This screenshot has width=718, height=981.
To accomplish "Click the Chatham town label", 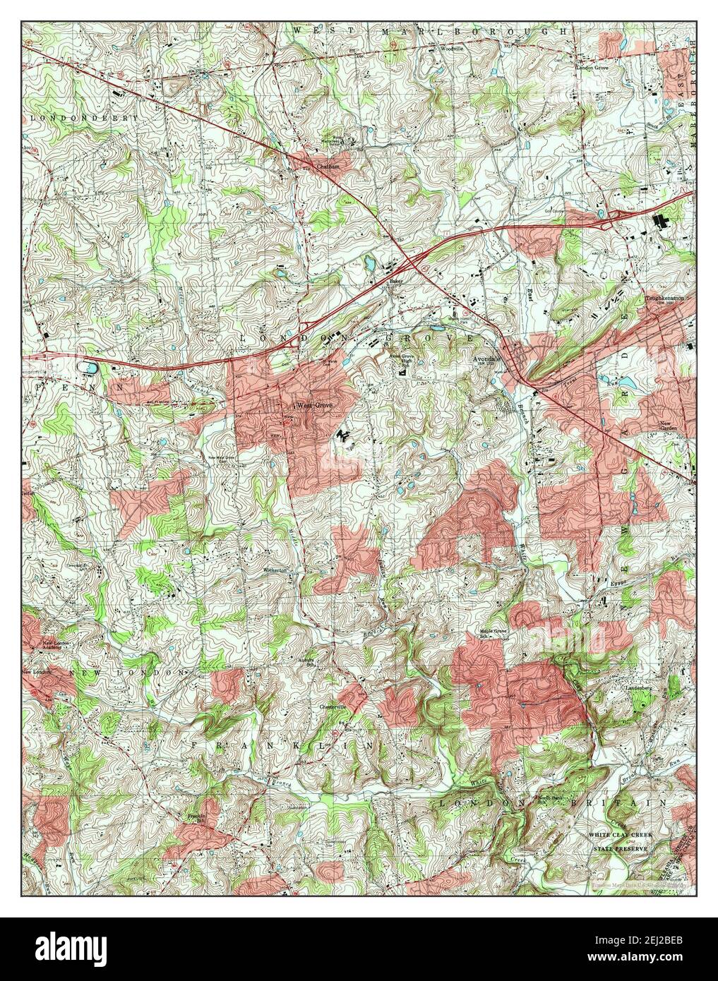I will click(x=318, y=166).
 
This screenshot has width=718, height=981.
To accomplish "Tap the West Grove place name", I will click(x=314, y=406).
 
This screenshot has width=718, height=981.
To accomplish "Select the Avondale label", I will click(x=487, y=359).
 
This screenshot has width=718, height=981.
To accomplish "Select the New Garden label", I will click(x=669, y=427).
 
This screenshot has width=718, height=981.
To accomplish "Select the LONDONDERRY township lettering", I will click(x=83, y=118).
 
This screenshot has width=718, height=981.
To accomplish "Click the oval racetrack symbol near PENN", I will click(x=89, y=368).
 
